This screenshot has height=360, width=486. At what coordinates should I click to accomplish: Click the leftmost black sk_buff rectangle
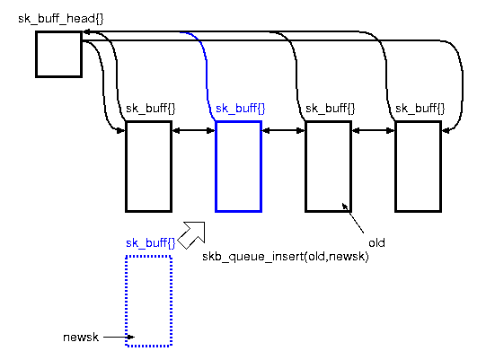pyautogui.click(x=148, y=166)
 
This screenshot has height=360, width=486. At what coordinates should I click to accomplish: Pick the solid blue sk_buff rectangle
pyautogui.click(x=238, y=166)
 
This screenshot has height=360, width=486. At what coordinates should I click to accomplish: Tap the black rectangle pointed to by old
pyautogui.click(x=328, y=166)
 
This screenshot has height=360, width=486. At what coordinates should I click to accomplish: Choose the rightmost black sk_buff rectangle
pyautogui.click(x=418, y=166)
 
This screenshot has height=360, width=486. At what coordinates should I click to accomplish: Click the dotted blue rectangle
pyautogui.click(x=148, y=301)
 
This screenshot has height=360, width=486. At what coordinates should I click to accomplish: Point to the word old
pyautogui.click(x=376, y=242)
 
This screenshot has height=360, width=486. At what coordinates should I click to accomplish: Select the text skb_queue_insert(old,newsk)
pyautogui.click(x=286, y=257)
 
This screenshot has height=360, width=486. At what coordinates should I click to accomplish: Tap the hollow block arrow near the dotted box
pyautogui.click(x=192, y=233)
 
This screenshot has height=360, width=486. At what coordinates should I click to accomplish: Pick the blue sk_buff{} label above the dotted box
pyautogui.click(x=150, y=243)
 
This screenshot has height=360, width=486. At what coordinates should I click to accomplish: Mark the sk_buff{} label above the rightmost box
pyautogui.click(x=420, y=109)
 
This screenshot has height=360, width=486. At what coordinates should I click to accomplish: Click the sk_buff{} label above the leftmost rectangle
pyautogui.click(x=150, y=109)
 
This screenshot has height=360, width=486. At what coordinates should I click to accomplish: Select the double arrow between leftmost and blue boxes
pyautogui.click(x=193, y=131)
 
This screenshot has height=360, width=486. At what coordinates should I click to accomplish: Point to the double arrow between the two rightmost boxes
pyautogui.click(x=373, y=131)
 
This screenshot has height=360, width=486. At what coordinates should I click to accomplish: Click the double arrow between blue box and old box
pyautogui.click(x=283, y=131)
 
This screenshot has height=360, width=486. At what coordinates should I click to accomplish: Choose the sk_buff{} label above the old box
pyautogui.click(x=330, y=109)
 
